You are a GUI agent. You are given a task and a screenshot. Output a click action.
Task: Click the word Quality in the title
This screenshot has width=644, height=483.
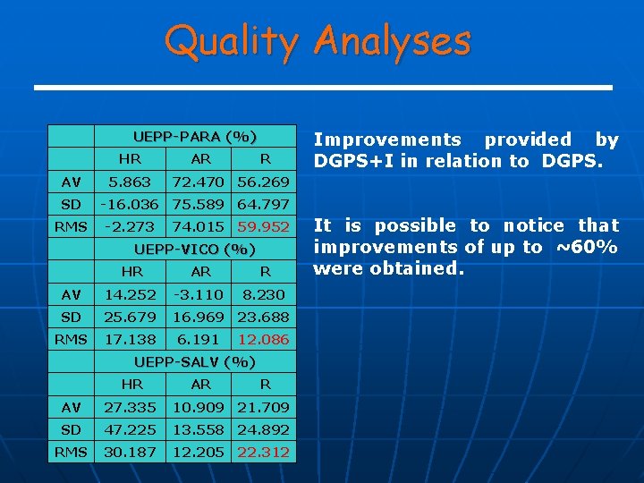(233, 41)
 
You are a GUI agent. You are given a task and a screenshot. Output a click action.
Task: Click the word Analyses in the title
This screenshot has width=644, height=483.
(393, 41)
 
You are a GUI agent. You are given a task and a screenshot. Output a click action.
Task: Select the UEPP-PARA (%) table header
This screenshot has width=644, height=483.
(194, 137)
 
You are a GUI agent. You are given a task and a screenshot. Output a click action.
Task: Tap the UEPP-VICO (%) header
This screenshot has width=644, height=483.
(194, 249)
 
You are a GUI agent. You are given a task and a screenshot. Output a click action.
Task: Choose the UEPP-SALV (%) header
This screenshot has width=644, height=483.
(194, 362)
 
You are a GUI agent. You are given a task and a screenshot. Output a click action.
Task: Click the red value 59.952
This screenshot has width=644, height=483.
(263, 227)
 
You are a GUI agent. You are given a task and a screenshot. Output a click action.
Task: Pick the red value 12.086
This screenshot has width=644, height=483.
(263, 340)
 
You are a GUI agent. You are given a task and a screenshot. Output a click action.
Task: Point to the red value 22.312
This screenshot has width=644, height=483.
(263, 453)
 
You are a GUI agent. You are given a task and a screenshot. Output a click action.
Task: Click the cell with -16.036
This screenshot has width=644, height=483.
(131, 204)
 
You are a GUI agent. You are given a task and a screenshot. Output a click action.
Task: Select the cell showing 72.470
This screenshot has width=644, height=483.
(201, 182)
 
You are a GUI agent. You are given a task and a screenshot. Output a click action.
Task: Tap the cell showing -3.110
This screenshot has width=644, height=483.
(201, 294)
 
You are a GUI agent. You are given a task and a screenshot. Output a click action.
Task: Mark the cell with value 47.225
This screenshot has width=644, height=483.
(131, 430)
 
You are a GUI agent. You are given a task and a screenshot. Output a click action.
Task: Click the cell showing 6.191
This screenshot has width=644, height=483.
(201, 340)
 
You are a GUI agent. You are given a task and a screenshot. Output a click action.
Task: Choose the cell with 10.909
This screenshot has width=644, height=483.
(201, 408)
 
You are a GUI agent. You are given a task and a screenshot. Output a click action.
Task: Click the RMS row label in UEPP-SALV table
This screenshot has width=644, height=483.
(71, 453)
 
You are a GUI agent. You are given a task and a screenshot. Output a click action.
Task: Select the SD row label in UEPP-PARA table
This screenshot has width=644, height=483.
(71, 204)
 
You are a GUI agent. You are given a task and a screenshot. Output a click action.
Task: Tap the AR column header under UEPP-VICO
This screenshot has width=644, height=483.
(201, 271)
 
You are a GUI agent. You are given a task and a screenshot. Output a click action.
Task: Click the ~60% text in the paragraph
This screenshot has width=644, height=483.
(587, 248)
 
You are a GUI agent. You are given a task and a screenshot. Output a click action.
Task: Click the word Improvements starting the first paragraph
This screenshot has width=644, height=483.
(386, 140)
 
